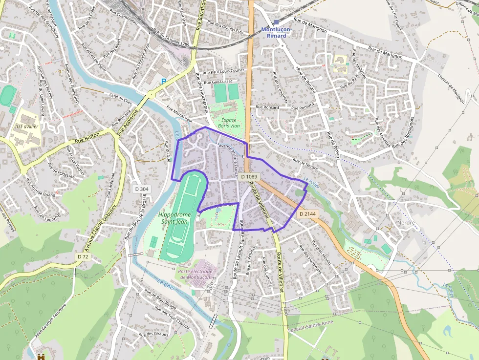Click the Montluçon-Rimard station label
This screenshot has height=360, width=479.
(276, 32)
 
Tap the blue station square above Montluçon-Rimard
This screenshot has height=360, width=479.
(276, 22)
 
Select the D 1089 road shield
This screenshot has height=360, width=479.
(249, 176)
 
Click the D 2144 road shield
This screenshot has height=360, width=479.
(307, 214)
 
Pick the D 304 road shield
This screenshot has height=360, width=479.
(142, 189)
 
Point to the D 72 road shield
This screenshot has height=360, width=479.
(83, 256)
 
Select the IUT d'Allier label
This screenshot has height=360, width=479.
(27, 127)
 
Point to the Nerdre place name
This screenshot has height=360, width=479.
(406, 223)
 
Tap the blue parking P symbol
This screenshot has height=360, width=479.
(164, 82)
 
